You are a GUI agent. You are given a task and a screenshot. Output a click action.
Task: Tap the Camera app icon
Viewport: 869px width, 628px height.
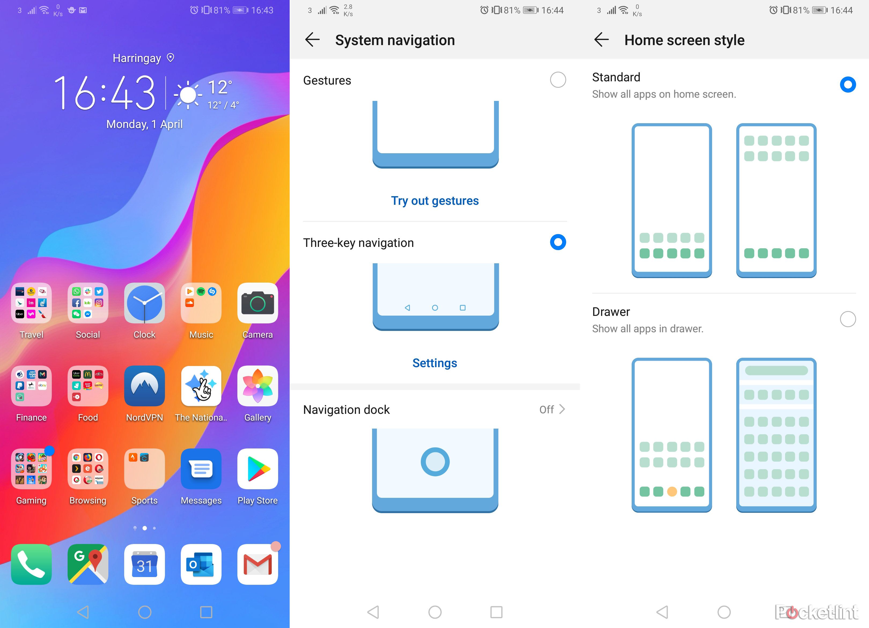point(257,303)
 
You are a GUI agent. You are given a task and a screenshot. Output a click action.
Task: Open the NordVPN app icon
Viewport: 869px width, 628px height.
point(145,386)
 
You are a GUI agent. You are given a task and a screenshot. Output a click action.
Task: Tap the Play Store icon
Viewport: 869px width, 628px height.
point(257,469)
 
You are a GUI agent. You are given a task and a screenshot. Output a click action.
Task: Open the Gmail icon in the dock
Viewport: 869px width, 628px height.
point(257,564)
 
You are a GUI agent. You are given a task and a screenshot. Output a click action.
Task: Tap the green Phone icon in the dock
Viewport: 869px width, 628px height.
point(31,564)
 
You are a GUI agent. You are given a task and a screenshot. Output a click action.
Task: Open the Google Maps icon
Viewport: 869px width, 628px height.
point(88,564)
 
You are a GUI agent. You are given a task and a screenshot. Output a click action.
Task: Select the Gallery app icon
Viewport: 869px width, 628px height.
point(257,386)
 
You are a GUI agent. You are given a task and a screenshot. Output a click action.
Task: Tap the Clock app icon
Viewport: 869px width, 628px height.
point(145,303)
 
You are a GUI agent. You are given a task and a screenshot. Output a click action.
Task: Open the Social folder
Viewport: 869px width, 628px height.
point(88,303)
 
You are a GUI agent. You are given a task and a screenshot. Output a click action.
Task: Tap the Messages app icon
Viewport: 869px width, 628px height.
point(201,469)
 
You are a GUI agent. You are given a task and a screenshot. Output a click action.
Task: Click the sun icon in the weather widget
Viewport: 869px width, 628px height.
point(188,94)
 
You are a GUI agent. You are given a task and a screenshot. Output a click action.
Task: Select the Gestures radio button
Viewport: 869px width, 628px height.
point(558,80)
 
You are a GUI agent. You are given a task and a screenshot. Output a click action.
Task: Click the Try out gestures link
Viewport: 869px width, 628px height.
point(435,200)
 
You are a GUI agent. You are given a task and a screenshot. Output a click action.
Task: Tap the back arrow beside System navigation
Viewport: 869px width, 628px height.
point(312,39)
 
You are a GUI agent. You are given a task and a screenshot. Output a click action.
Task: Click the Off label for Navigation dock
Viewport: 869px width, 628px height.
point(546,410)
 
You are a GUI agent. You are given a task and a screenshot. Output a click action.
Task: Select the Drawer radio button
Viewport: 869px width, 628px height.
point(848,319)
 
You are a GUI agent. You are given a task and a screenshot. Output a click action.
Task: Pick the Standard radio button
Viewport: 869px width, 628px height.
point(848,84)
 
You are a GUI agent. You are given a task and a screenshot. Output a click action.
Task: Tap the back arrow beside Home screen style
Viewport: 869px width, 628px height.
point(601,39)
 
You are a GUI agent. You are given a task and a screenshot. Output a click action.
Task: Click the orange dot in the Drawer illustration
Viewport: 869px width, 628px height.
point(672,491)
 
